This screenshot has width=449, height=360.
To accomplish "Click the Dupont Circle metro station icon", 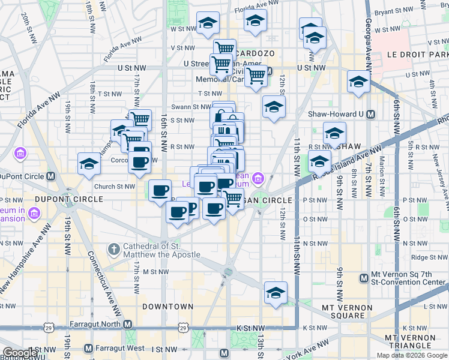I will coord(51,176).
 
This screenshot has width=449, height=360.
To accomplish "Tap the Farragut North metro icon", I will coord(127,324).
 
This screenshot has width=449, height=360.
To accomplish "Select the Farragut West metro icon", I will coord(88,348).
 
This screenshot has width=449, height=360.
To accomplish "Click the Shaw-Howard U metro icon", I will coord(370,114).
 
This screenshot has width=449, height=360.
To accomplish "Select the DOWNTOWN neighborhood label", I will coord(167,307).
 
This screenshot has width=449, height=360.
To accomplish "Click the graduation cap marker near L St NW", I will coord(276,293).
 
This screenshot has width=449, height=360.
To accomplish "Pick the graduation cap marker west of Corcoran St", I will coord(89,164).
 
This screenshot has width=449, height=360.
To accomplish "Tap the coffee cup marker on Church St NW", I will coord(160,191).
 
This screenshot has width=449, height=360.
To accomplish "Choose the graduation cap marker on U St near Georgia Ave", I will coord(358,82).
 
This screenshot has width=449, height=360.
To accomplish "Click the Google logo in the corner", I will coord(20,353).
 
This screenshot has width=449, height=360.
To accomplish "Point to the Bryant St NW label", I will coord(392,11).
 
